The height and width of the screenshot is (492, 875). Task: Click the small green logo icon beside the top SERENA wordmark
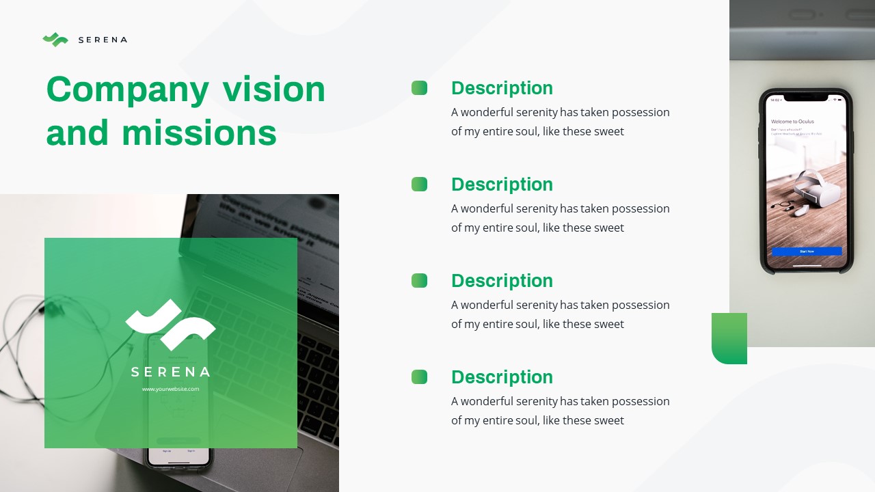click(x=55, y=40)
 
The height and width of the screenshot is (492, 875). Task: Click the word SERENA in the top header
click(x=103, y=40)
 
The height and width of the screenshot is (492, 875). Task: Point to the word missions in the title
click(x=199, y=133)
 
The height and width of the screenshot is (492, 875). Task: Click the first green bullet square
click(x=419, y=87)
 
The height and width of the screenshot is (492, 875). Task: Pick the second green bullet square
click(x=419, y=184)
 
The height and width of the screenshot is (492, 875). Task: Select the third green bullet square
click(x=419, y=280)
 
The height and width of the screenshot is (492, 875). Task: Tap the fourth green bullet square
click(x=419, y=377)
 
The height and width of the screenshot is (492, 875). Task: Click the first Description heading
click(x=502, y=88)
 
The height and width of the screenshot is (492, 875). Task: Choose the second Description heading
click(x=502, y=184)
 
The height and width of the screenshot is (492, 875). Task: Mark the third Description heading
click(x=502, y=281)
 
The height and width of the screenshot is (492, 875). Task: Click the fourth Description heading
click(x=502, y=377)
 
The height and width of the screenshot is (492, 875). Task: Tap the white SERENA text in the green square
click(x=170, y=372)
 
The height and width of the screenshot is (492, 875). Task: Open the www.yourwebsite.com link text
click(x=170, y=389)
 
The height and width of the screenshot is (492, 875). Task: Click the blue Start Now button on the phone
click(x=807, y=251)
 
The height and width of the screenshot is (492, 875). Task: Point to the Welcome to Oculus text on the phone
click(x=792, y=122)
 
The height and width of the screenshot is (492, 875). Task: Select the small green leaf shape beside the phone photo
click(x=729, y=338)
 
